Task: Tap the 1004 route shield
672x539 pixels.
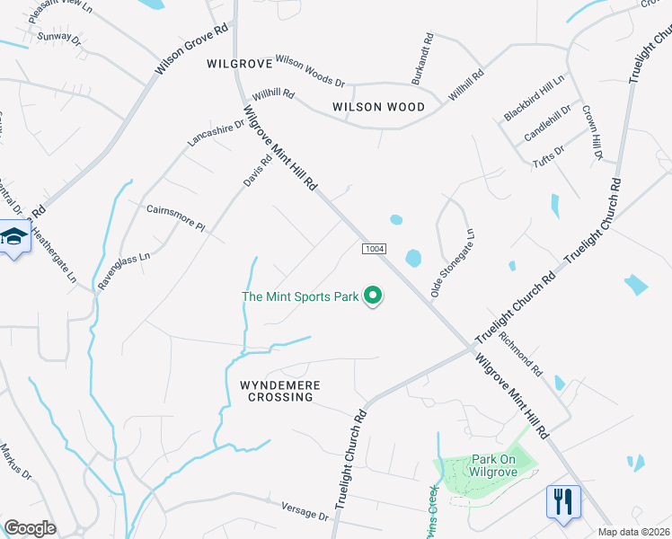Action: point(375,248)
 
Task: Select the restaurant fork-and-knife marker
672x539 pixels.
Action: point(563,501)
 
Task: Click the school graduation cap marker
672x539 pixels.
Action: point(13,237)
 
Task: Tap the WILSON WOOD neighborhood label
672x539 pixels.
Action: point(378,107)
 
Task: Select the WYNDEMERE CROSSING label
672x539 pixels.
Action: point(280,391)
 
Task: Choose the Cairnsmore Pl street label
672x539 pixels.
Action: point(176,216)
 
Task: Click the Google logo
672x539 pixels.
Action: point(31,527)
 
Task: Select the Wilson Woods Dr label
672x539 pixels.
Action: point(309,70)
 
